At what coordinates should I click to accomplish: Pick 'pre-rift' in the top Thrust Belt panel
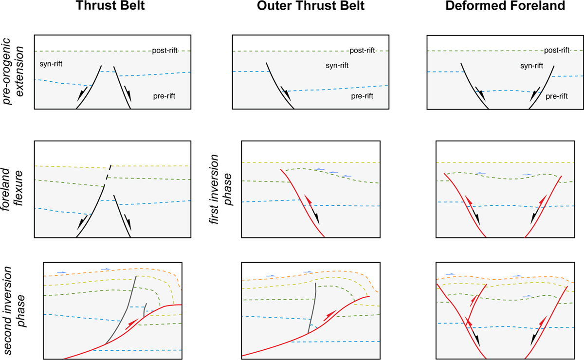[164, 96]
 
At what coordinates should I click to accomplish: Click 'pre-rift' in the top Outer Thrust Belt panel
[363, 96]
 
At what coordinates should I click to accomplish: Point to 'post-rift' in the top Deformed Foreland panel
[557, 51]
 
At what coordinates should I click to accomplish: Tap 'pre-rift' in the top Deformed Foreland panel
[557, 96]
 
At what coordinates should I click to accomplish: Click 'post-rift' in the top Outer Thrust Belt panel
[363, 51]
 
